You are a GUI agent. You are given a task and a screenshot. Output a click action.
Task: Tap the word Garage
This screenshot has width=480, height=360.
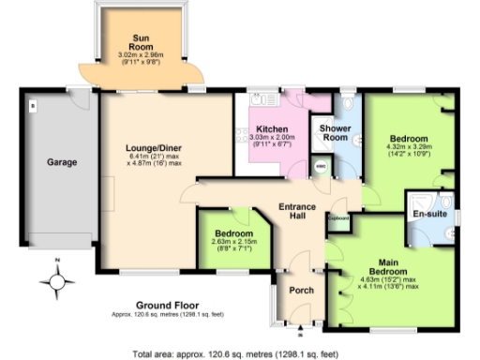[62, 161]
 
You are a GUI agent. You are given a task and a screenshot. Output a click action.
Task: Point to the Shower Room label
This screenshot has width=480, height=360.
[335, 132]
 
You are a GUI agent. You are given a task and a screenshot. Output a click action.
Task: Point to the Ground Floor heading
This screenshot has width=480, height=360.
[163, 305]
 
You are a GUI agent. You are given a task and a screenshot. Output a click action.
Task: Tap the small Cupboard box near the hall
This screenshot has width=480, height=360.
[337, 219]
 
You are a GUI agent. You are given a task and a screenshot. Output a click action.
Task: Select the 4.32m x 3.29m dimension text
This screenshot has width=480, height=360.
[407, 146]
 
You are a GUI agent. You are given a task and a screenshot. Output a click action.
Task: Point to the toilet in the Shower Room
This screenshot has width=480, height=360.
[348, 104]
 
